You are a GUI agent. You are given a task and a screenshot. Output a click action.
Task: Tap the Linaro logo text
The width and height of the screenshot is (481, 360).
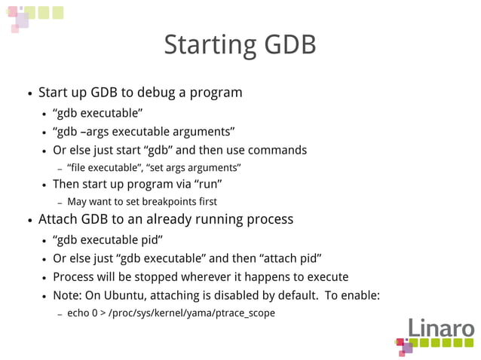(441, 329)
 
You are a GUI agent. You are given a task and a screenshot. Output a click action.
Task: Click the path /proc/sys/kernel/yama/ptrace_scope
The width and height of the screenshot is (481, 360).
(192, 313)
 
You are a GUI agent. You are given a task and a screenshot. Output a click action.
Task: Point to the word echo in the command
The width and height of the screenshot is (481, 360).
(78, 313)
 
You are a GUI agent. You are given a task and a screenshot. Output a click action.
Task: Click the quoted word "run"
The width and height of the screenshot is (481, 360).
(209, 184)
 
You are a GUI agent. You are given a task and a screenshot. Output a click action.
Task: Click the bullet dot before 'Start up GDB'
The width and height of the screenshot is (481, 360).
(29, 95)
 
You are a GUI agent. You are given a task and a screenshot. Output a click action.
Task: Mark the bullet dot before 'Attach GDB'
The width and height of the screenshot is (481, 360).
(29, 221)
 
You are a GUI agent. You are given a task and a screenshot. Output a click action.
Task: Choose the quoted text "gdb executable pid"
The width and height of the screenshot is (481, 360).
(108, 239)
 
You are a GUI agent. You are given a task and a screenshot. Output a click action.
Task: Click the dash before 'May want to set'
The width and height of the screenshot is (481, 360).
(60, 203)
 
